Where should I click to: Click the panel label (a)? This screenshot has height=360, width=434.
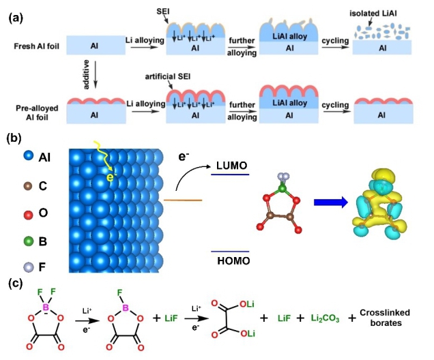[x=14, y=15]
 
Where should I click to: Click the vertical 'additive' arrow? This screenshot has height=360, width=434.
[x=92, y=76]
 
